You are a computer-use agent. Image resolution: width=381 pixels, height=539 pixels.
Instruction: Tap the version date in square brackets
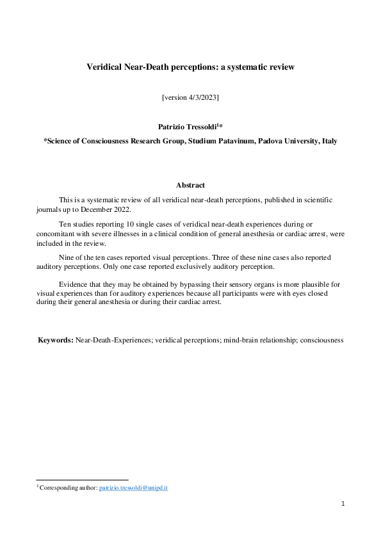[x=190, y=97]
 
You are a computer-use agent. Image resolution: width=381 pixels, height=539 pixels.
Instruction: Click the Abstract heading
[x=190, y=185]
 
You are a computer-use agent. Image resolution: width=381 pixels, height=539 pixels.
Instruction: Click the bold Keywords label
[x=56, y=340]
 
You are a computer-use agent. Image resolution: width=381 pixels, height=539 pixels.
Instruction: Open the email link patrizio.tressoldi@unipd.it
[x=133, y=488]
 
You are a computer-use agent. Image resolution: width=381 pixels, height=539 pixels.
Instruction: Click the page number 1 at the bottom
[x=343, y=504]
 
